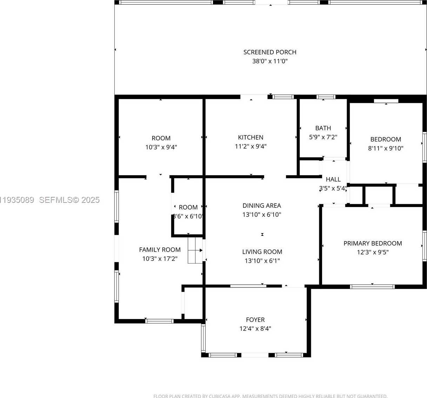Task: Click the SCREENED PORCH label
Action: (269, 52)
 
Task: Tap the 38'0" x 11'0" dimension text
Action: (269, 61)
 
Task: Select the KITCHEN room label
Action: (251, 138)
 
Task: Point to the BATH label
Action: (323, 128)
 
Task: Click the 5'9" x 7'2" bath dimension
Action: (323, 137)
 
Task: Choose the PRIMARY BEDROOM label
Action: (373, 244)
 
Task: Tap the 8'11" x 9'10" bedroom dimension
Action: (386, 148)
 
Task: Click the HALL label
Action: (333, 179)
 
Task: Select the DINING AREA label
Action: (262, 206)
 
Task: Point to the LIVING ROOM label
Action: (262, 252)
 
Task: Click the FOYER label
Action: (255, 320)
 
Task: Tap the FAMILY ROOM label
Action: (160, 250)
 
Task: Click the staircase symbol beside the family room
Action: (195, 250)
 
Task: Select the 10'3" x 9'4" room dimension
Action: (161, 147)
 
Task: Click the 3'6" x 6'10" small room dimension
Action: (188, 217)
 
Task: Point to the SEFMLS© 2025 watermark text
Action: (69, 200)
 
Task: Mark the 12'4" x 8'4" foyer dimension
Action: (255, 329)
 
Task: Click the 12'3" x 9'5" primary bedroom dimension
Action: (373, 252)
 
